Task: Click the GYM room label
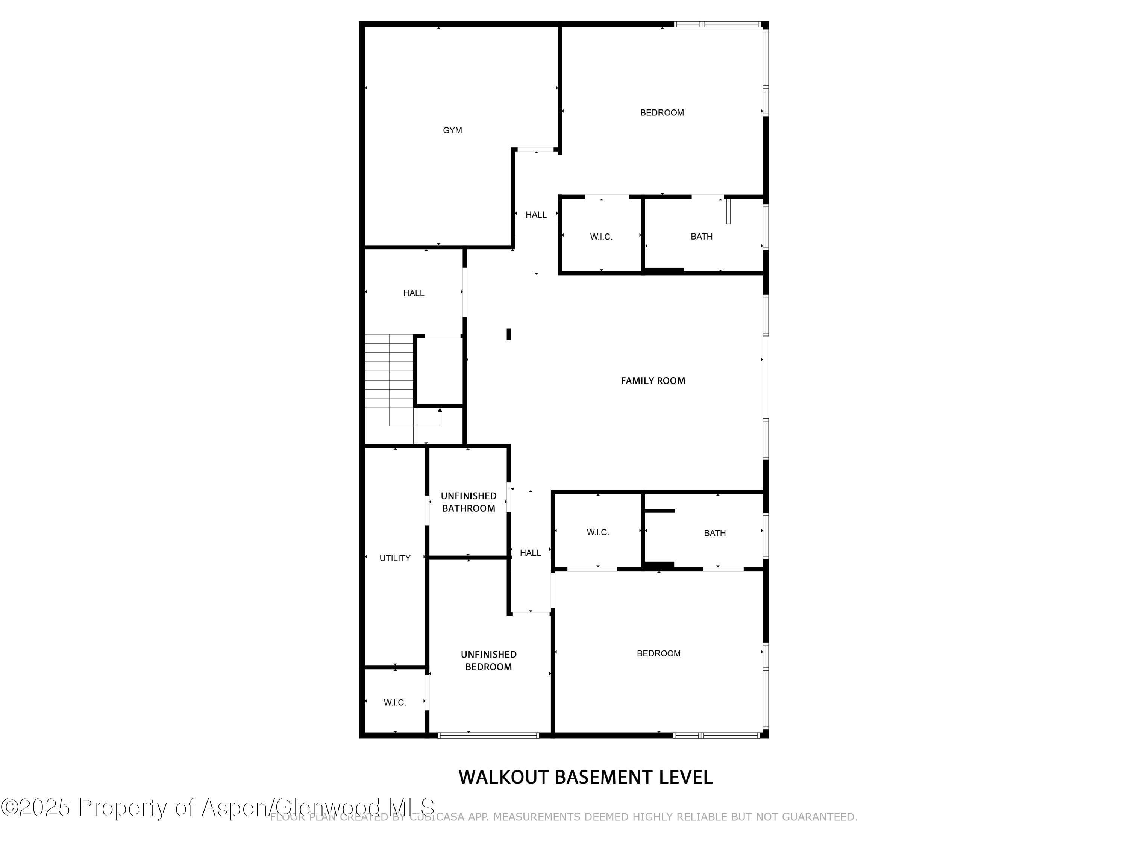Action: point(452,130)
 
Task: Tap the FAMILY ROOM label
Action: point(653,381)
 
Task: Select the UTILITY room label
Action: point(395,558)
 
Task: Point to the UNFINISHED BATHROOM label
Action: point(468,502)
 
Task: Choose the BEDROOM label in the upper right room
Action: point(662,113)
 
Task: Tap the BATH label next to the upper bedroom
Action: point(702,237)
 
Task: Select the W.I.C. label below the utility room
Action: point(395,703)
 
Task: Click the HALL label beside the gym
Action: point(536,215)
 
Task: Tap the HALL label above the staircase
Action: point(414,293)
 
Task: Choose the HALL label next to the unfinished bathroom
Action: point(530,553)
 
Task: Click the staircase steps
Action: point(389,371)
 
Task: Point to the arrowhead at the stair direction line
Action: point(440,410)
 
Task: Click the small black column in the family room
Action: point(508,334)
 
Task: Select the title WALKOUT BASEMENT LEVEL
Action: point(585,777)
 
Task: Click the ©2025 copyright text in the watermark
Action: point(35,807)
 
